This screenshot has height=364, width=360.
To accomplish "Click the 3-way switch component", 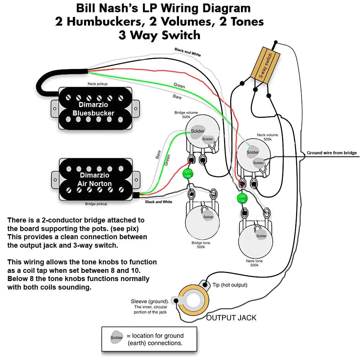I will point(266,63).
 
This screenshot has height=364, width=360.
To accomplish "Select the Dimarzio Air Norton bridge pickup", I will point(95,179).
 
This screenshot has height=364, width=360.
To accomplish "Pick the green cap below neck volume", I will point(242,199).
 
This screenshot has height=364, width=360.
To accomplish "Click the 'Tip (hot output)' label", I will point(229,285).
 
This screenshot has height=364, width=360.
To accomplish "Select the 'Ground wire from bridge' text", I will point(332,153).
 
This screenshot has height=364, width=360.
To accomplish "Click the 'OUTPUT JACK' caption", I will point(231,318).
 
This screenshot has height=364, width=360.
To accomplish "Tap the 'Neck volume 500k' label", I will point(267,137).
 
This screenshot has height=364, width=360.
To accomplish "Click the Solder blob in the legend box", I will point(116,337).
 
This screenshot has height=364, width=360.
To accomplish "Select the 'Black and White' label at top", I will point(188,52).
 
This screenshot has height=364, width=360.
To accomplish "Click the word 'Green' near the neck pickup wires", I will point(179,86).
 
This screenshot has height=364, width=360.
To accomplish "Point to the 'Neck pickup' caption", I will point(97,84).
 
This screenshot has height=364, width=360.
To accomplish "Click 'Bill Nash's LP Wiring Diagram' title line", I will point(163,8).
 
